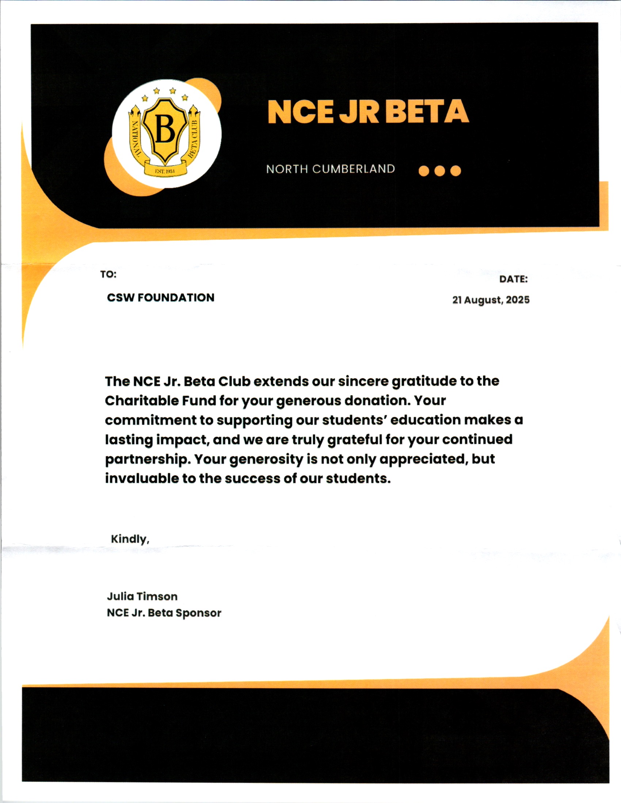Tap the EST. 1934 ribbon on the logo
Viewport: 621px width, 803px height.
[x=165, y=171]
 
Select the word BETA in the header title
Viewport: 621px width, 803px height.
[x=427, y=112]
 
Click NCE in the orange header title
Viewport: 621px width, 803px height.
[x=300, y=112]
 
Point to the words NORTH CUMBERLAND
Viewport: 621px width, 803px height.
[x=330, y=169]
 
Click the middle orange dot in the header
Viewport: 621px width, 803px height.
[x=439, y=171]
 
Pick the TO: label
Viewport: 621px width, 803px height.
[x=108, y=274]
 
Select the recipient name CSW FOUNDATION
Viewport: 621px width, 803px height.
[x=160, y=297]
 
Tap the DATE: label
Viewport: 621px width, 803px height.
[x=513, y=279]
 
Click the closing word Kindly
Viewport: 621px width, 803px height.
[x=129, y=539]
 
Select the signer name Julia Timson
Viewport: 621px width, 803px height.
[x=142, y=596]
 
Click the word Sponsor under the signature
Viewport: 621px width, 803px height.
[x=198, y=613]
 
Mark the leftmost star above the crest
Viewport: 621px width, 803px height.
[x=145, y=98]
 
